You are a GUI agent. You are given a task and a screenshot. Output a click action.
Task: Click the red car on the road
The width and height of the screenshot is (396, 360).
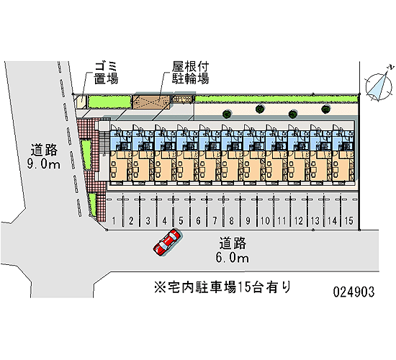(x=167, y=242)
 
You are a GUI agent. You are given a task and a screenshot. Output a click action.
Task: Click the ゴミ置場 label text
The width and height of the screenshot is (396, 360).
(x=106, y=73)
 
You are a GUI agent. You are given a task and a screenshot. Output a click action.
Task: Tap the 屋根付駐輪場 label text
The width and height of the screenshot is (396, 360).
(x=190, y=73)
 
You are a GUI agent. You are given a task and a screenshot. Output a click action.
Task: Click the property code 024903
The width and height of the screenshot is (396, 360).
(x=354, y=292)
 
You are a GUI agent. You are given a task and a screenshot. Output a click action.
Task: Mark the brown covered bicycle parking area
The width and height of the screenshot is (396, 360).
(x=151, y=102)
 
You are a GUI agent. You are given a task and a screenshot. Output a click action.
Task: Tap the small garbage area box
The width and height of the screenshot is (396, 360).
(x=81, y=102)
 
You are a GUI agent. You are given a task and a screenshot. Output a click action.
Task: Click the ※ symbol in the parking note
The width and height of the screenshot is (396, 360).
(x=160, y=287)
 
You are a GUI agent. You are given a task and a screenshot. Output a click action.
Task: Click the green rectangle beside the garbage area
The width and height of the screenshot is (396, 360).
(x=109, y=102)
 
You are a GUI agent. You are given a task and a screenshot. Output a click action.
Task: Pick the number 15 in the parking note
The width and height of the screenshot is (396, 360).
(x=242, y=287)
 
